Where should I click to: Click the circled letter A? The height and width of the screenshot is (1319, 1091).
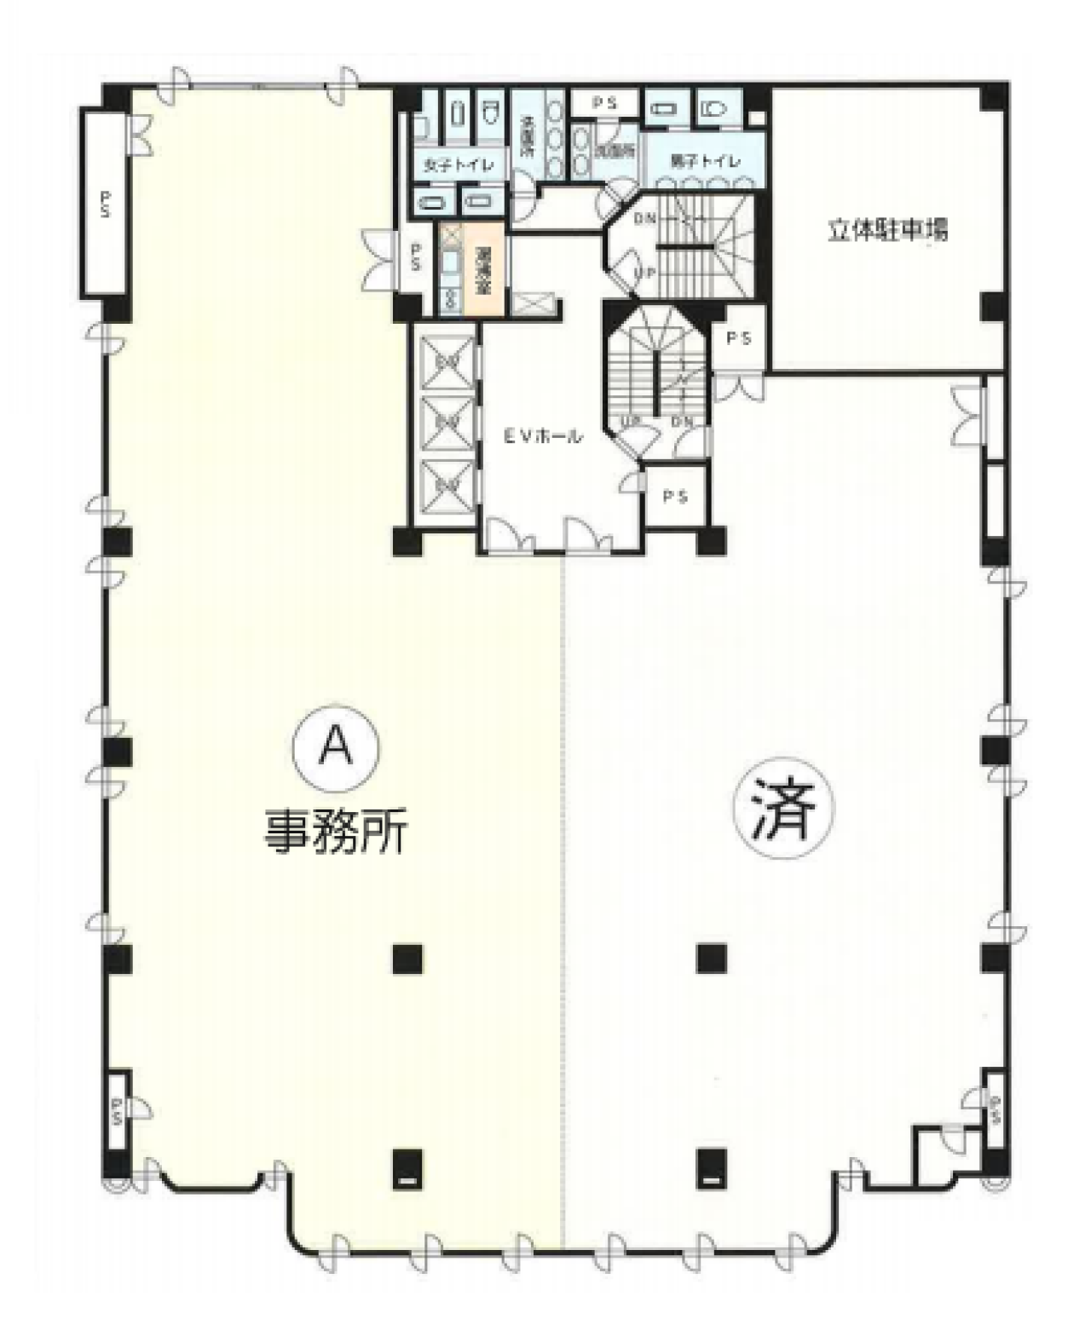(x=335, y=747)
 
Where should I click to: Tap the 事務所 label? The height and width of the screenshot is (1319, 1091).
(x=335, y=831)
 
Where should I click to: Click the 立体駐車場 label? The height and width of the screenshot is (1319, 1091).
(x=887, y=230)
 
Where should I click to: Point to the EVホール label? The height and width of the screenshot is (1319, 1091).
(x=542, y=437)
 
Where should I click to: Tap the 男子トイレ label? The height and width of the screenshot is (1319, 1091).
(x=705, y=160)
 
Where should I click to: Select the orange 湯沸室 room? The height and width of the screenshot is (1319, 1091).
(x=483, y=269)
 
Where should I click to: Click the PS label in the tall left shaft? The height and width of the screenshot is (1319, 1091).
(x=105, y=204)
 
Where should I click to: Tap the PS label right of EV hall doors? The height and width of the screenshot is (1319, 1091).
(x=675, y=496)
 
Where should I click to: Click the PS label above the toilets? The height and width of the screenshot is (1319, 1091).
(x=604, y=103)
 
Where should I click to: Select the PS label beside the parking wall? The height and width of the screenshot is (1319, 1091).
(x=739, y=338)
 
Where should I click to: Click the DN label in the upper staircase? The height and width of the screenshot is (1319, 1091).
(x=645, y=218)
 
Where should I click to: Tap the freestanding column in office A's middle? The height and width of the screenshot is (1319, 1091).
(x=407, y=959)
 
